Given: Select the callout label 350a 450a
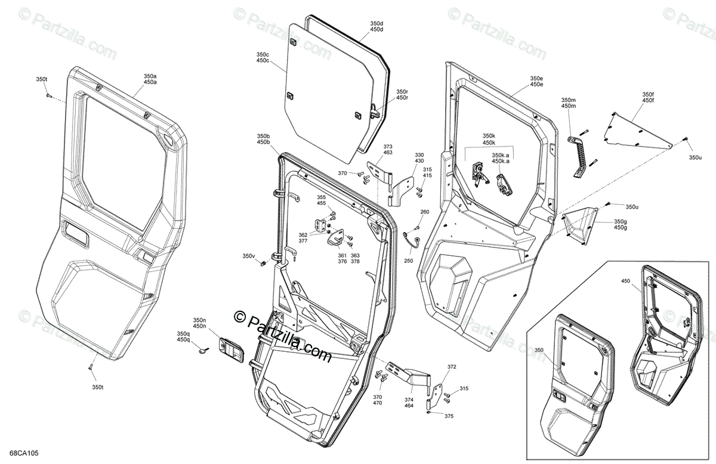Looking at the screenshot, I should click(150, 79).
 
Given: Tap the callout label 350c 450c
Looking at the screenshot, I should click(263, 57).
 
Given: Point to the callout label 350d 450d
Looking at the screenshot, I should click(376, 26).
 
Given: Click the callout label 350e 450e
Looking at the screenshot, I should click(536, 81).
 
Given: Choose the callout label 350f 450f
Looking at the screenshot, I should click(648, 97).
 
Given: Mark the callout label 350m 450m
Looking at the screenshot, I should click(569, 103).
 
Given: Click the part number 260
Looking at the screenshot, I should click(425, 212).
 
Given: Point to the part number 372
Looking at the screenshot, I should click(452, 367).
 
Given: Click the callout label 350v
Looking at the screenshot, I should click(248, 256).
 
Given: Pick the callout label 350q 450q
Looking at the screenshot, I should click(183, 336).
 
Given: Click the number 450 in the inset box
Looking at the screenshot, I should click(625, 280).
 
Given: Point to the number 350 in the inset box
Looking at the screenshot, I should click(539, 350).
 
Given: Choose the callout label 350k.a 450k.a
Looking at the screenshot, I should click(501, 158).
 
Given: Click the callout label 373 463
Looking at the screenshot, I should click(388, 150).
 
